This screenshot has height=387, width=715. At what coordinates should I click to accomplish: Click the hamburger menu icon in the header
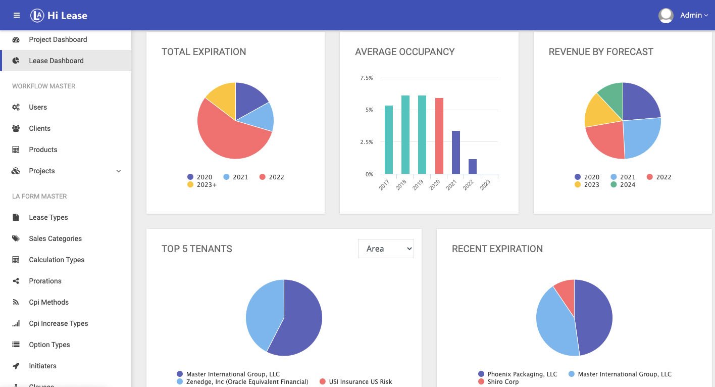point(17,15)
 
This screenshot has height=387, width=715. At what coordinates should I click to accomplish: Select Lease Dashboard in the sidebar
point(56,61)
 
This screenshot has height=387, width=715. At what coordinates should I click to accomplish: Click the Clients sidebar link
point(39,128)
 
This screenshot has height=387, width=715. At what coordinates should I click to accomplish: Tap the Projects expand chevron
point(119,171)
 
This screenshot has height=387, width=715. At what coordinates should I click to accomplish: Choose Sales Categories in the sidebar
point(55,238)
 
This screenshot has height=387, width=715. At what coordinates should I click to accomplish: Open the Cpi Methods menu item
point(48,302)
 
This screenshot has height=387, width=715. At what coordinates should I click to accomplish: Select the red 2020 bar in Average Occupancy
point(439,136)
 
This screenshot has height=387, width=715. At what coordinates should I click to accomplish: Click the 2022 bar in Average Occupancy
point(473,166)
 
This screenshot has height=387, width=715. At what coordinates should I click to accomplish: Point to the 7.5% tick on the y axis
point(367,78)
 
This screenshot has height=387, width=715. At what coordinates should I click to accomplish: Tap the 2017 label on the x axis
point(384,185)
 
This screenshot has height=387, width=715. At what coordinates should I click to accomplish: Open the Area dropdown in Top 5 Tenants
point(386,249)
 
